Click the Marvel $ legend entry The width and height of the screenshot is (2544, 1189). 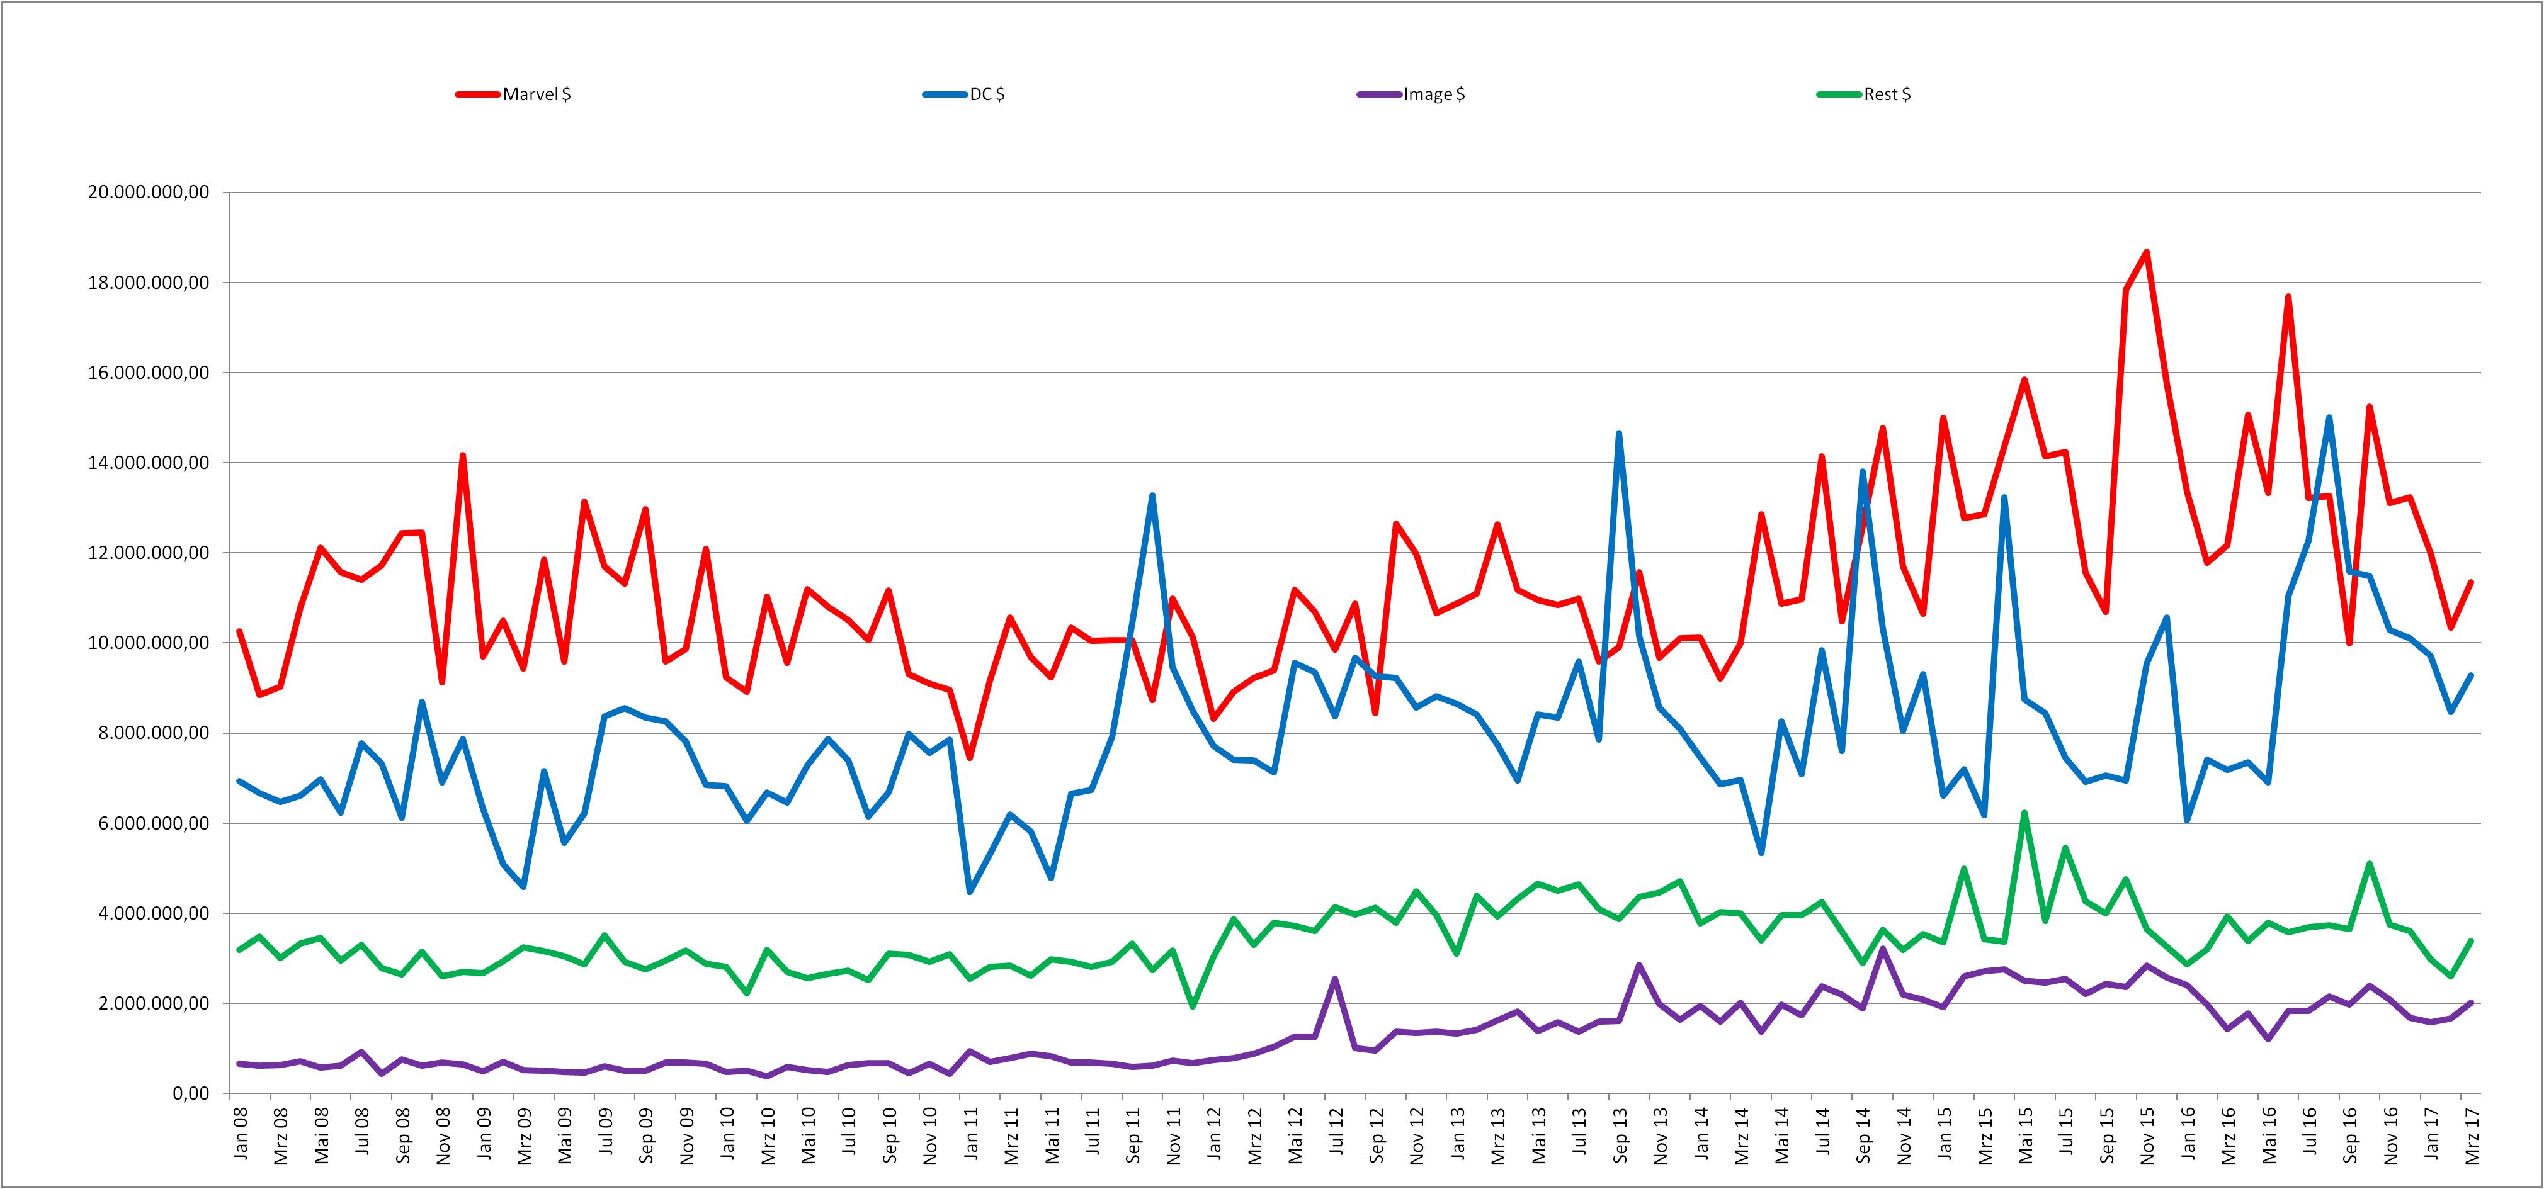point(514,94)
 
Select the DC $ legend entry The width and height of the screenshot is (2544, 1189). point(964,94)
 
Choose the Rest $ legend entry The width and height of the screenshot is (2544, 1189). point(1865,94)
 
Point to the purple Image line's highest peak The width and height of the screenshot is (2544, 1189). point(1882,949)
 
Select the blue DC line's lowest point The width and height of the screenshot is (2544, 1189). point(970,892)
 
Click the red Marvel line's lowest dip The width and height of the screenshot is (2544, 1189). point(970,757)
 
